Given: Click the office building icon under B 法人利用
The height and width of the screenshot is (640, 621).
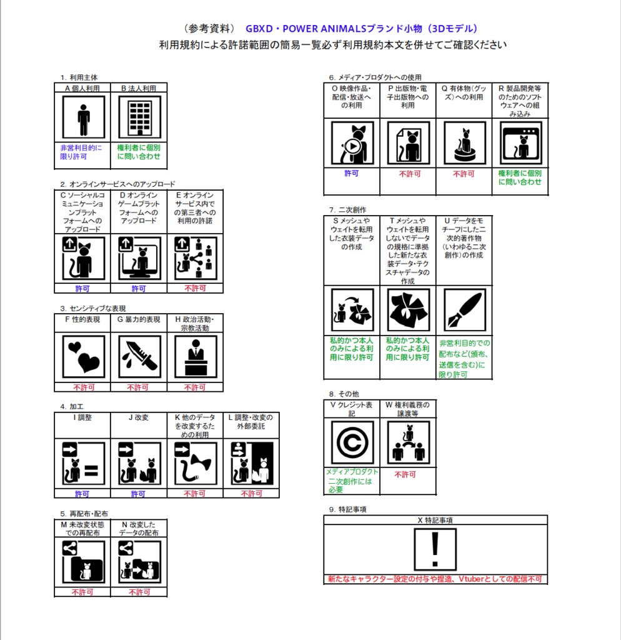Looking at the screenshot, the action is click(x=139, y=117).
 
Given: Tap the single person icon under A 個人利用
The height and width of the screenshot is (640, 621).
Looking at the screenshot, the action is click(x=84, y=117).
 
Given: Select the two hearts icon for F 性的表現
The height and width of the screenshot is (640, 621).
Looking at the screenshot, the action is click(x=84, y=356).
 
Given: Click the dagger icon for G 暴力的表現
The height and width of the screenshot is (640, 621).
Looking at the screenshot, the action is click(x=139, y=356).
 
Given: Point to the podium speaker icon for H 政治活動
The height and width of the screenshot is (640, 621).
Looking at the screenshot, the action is click(x=196, y=356).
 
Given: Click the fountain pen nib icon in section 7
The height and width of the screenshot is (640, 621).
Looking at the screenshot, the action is click(x=465, y=310).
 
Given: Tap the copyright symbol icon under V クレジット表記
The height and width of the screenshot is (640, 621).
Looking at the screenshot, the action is click(x=352, y=442).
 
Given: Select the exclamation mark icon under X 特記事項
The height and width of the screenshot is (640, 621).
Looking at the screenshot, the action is click(x=435, y=549).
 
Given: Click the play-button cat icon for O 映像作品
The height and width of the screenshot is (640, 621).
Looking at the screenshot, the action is click(x=352, y=143).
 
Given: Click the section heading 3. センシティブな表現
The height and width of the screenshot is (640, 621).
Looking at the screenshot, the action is click(x=93, y=308).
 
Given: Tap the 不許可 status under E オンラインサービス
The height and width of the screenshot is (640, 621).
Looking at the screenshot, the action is click(x=196, y=288).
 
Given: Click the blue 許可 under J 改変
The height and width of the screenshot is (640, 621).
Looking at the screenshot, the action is click(x=138, y=494).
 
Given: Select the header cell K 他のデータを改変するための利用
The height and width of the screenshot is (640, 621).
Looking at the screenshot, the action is click(x=195, y=426).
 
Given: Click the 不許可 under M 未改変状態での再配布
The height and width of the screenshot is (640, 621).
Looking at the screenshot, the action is click(x=82, y=592).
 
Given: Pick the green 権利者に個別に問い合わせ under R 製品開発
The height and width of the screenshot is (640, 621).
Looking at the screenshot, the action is click(x=520, y=177).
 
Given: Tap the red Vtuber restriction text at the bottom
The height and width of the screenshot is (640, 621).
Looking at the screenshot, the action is click(x=435, y=579).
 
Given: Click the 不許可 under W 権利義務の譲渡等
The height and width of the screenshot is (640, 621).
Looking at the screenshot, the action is click(x=405, y=474).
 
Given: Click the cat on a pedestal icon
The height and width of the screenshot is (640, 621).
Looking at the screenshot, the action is click(x=465, y=143).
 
